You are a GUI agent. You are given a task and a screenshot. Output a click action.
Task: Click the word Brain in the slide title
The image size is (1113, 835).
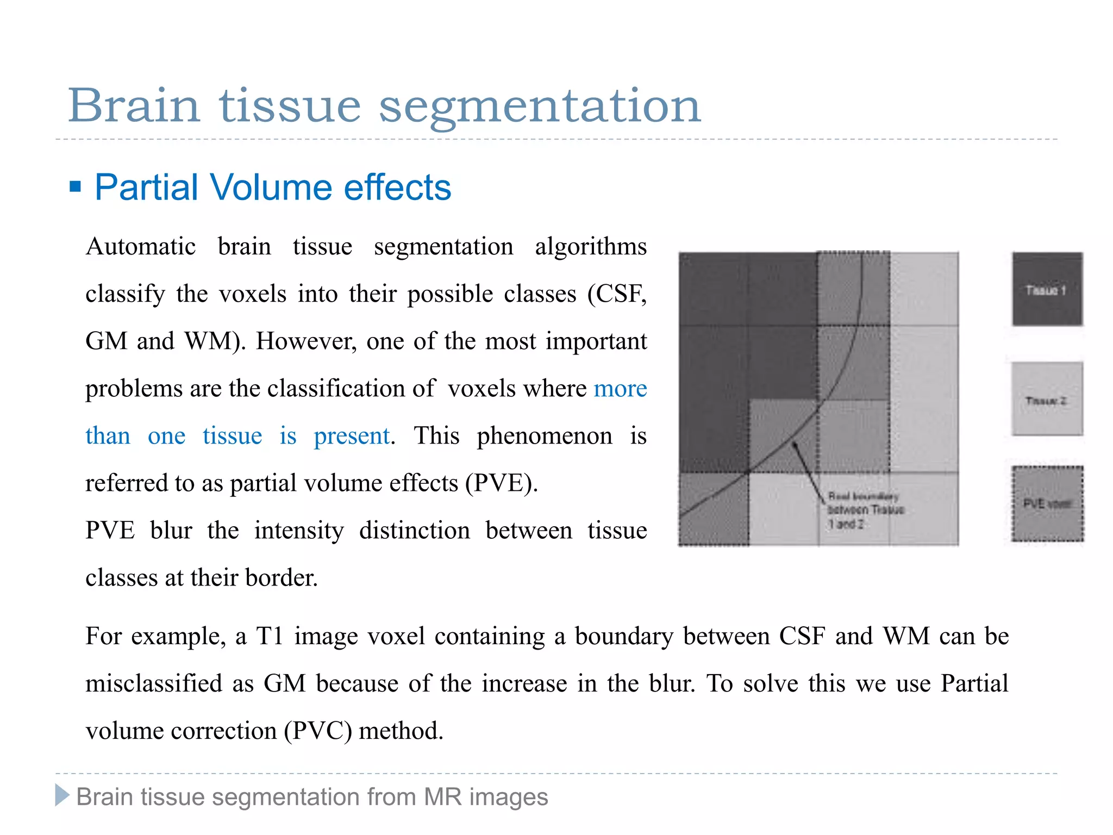pos(134,105)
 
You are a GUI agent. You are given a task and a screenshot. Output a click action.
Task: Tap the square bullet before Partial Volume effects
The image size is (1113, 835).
pos(76,188)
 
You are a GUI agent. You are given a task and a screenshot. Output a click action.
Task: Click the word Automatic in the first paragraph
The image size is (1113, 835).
pos(141,247)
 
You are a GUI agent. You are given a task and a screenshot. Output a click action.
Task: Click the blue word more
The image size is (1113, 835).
pos(620,389)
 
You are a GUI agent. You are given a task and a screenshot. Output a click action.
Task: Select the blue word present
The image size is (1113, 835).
pos(352,436)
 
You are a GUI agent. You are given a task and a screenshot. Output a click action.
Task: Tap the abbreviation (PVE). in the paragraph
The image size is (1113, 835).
pos(501,483)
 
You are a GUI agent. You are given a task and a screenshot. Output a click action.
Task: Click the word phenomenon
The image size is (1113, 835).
pos(544,436)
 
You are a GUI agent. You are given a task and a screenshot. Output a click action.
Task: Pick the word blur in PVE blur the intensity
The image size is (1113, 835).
pos(171,531)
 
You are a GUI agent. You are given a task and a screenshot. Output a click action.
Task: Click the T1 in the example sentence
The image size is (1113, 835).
pos(270,636)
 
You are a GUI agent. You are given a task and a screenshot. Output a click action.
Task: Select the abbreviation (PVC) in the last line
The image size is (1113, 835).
pos(318,731)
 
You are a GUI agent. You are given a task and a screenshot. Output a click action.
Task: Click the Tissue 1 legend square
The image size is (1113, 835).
pos(1047,289)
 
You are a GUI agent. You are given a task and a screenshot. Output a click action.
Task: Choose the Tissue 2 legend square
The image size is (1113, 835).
pos(1047,399)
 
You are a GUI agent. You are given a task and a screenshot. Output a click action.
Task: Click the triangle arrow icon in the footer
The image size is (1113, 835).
pos(62,795)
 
